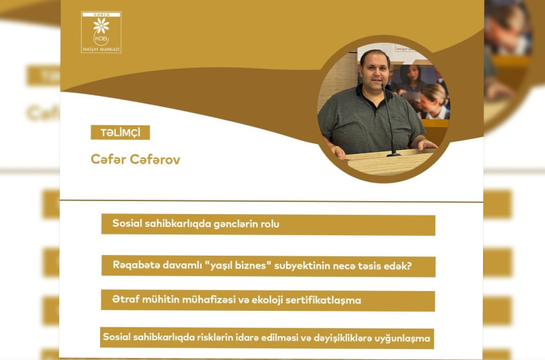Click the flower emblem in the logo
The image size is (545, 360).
point(101,26)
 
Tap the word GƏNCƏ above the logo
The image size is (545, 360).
point(101,14)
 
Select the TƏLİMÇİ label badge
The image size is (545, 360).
point(120,133)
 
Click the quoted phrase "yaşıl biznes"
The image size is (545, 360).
point(238,265)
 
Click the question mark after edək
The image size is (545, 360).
point(408,265)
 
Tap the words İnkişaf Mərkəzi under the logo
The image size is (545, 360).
point(101,49)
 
